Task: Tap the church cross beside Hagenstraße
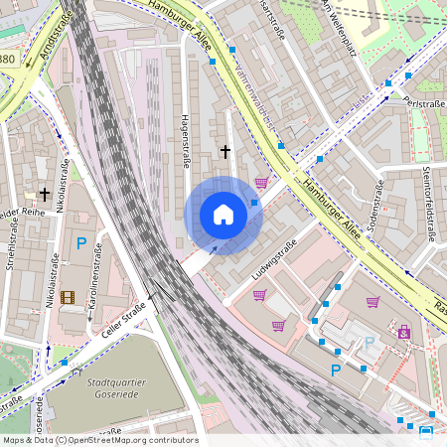coord(225,152)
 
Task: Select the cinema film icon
coord(67,297)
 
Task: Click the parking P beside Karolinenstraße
coord(82,242)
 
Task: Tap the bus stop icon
coord(426,431)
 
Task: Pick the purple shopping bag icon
coord(404,332)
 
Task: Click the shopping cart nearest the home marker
coord(261,183)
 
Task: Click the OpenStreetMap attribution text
coord(99,440)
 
